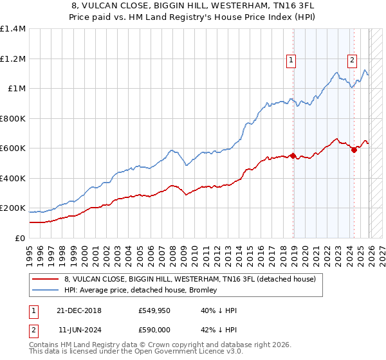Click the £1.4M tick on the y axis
point(13,29)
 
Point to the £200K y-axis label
point(13,208)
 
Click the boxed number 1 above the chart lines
point(291,61)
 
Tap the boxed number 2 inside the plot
point(353,61)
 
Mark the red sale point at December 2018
point(293,156)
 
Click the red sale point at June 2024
point(354,150)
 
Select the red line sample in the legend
point(45,280)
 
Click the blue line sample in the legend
point(45,291)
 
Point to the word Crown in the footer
point(162,345)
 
